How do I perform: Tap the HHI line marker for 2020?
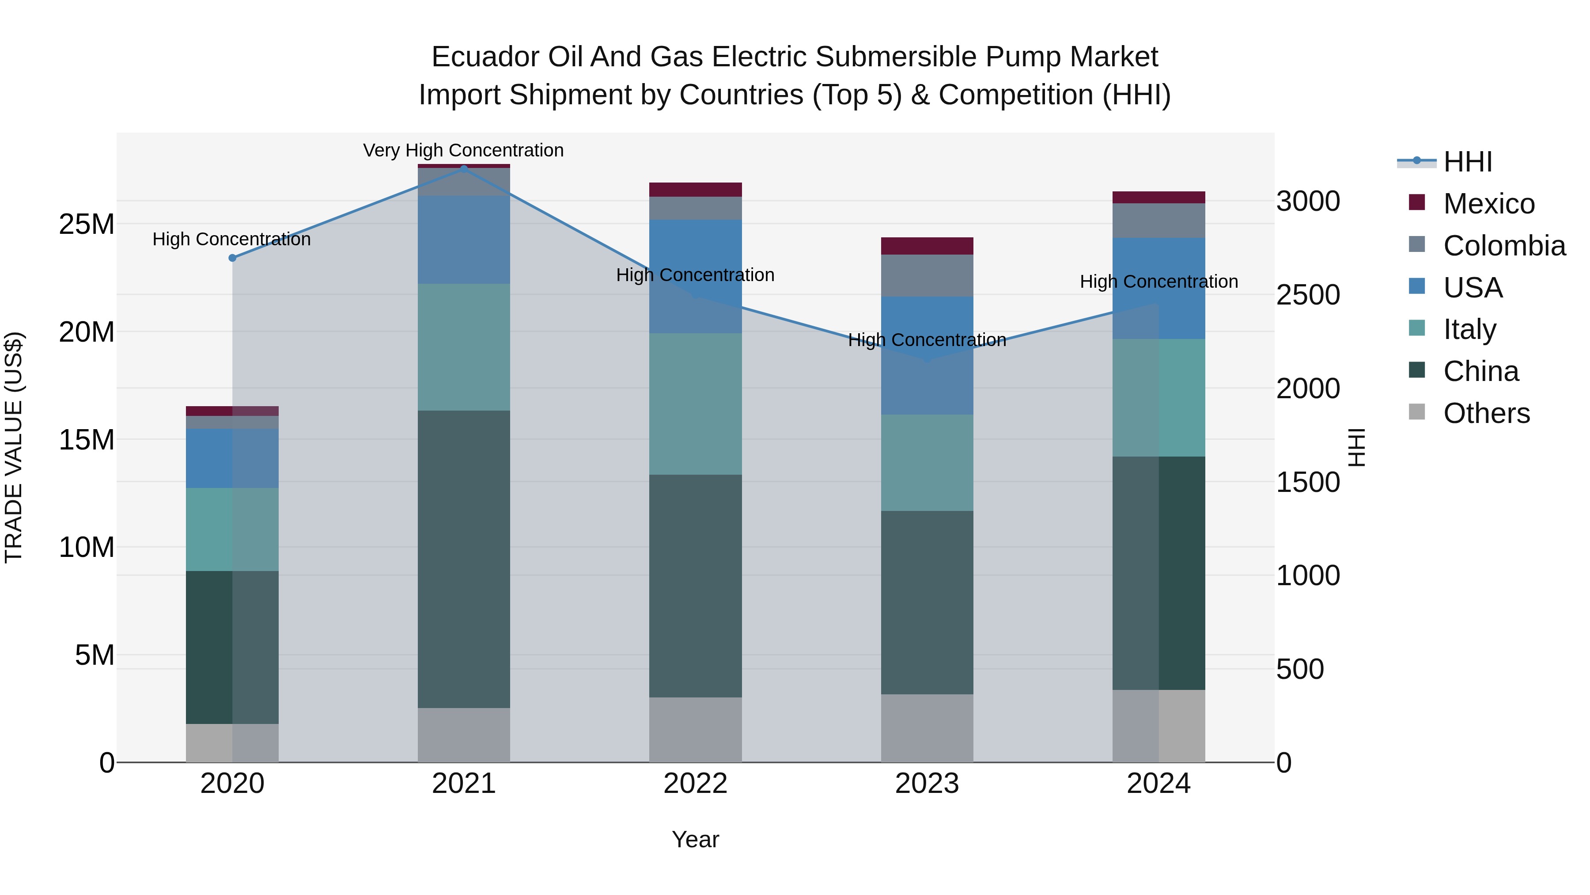pos(232,258)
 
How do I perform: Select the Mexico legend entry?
pos(1488,204)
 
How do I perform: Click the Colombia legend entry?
pos(1503,246)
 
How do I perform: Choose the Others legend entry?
pos(1486,413)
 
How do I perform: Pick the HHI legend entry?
pos(1467,162)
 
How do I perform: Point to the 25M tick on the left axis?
pos(87,224)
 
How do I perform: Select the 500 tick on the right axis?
pos(1300,670)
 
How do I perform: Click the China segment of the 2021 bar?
pos(464,559)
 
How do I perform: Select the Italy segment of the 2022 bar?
pos(696,404)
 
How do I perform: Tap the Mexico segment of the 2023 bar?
pos(927,246)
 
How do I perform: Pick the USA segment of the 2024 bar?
pos(1158,289)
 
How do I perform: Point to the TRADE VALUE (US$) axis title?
pos(14,447)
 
